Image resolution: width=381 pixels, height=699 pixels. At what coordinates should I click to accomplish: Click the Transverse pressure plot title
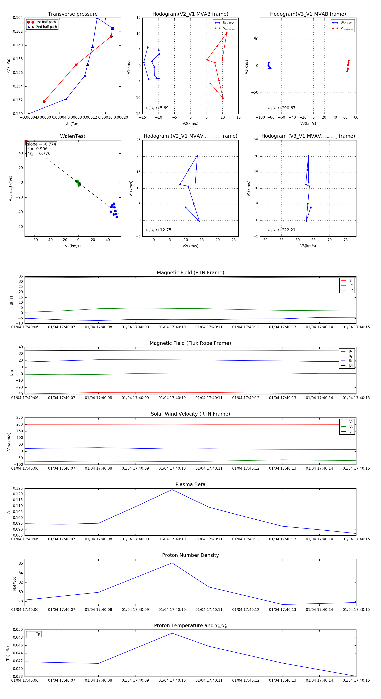pyautogui.click(x=73, y=14)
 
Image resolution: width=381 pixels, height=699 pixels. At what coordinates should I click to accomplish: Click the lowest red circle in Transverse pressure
pyautogui.click(x=44, y=101)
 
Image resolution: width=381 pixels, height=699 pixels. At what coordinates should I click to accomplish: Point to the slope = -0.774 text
pyautogui.click(x=41, y=144)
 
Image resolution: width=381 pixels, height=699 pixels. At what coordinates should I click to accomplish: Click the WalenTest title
pyautogui.click(x=73, y=136)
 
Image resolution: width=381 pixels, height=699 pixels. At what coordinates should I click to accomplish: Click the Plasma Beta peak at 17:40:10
pyautogui.click(x=172, y=490)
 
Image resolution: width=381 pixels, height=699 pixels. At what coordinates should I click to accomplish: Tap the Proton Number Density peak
pyautogui.click(x=172, y=563)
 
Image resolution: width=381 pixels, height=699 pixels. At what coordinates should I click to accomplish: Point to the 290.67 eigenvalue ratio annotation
pyautogui.click(x=289, y=108)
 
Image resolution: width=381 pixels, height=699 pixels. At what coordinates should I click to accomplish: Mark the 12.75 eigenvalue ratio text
pyautogui.click(x=165, y=230)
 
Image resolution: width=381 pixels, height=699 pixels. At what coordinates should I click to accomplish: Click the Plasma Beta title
pyautogui.click(x=190, y=485)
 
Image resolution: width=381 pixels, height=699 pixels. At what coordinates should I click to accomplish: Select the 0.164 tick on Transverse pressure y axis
pyautogui.click(x=18, y=18)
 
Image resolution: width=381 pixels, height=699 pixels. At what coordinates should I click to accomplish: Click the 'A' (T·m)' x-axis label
pyautogui.click(x=73, y=124)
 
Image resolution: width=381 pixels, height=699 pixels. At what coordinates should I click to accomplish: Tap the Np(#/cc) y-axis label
pyautogui.click(x=14, y=583)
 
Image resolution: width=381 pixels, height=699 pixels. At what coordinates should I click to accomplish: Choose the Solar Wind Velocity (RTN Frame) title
pyautogui.click(x=190, y=414)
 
